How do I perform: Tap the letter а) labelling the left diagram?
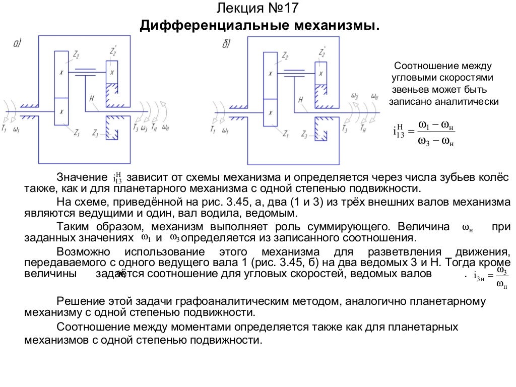click(x=17, y=44)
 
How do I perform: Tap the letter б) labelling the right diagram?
click(x=226, y=44)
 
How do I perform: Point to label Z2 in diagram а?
click(x=77, y=54)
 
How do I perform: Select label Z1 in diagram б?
click(x=285, y=134)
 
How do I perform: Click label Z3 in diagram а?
click(x=95, y=134)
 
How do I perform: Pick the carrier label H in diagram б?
click(x=300, y=99)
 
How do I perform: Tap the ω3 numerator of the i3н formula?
click(x=501, y=271)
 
